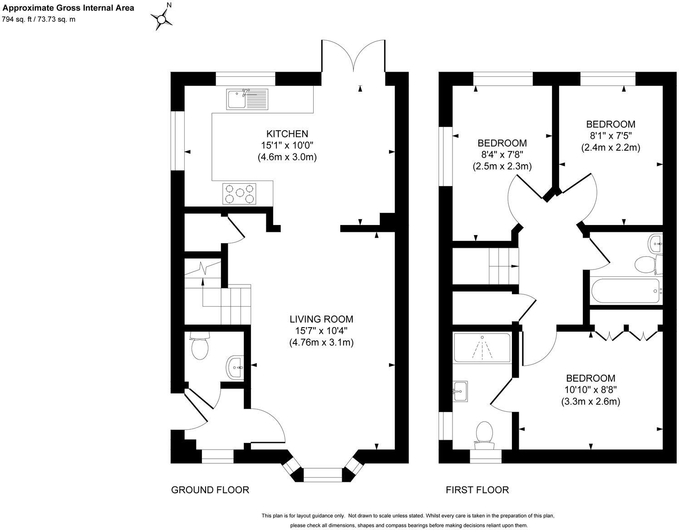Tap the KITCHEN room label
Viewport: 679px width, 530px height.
click(x=287, y=134)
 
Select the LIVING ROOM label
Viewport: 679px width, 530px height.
click(x=321, y=319)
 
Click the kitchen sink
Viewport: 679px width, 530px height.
click(x=247, y=99)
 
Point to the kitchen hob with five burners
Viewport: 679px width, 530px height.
click(x=239, y=194)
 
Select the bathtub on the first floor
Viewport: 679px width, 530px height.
click(x=625, y=291)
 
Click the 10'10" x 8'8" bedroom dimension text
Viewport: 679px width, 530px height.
click(x=590, y=390)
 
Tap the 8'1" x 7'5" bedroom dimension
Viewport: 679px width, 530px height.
click(x=610, y=136)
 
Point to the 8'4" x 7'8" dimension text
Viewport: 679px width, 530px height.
click(x=502, y=155)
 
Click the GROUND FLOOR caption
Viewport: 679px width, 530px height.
click(x=210, y=490)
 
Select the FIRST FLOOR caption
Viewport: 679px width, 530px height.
click(x=477, y=490)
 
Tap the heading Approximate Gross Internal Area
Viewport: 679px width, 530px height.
click(x=69, y=8)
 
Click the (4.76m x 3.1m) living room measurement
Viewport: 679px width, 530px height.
click(x=321, y=343)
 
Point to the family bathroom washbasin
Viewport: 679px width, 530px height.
click(x=655, y=244)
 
